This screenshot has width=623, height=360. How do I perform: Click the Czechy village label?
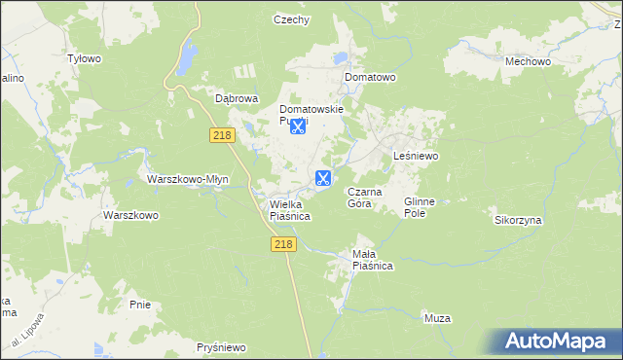[x=291, y=19]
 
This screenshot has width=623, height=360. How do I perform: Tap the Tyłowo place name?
[x=84, y=58]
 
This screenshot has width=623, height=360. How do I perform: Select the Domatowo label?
[x=368, y=76]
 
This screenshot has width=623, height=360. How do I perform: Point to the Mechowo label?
[x=529, y=60]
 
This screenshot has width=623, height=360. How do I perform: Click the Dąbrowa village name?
[x=236, y=98]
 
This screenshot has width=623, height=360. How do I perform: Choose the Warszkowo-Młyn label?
[x=188, y=179]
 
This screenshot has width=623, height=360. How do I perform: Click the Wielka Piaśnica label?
[x=289, y=210]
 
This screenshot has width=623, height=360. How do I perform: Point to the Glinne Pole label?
[x=420, y=207]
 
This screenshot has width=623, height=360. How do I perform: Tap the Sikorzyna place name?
[x=518, y=220]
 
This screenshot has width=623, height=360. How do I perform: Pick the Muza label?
[x=437, y=318]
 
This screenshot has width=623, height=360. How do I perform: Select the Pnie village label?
[x=140, y=305]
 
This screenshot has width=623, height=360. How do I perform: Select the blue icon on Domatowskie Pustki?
[x=298, y=126]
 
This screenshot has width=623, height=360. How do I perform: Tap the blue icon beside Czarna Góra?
[x=323, y=178]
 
